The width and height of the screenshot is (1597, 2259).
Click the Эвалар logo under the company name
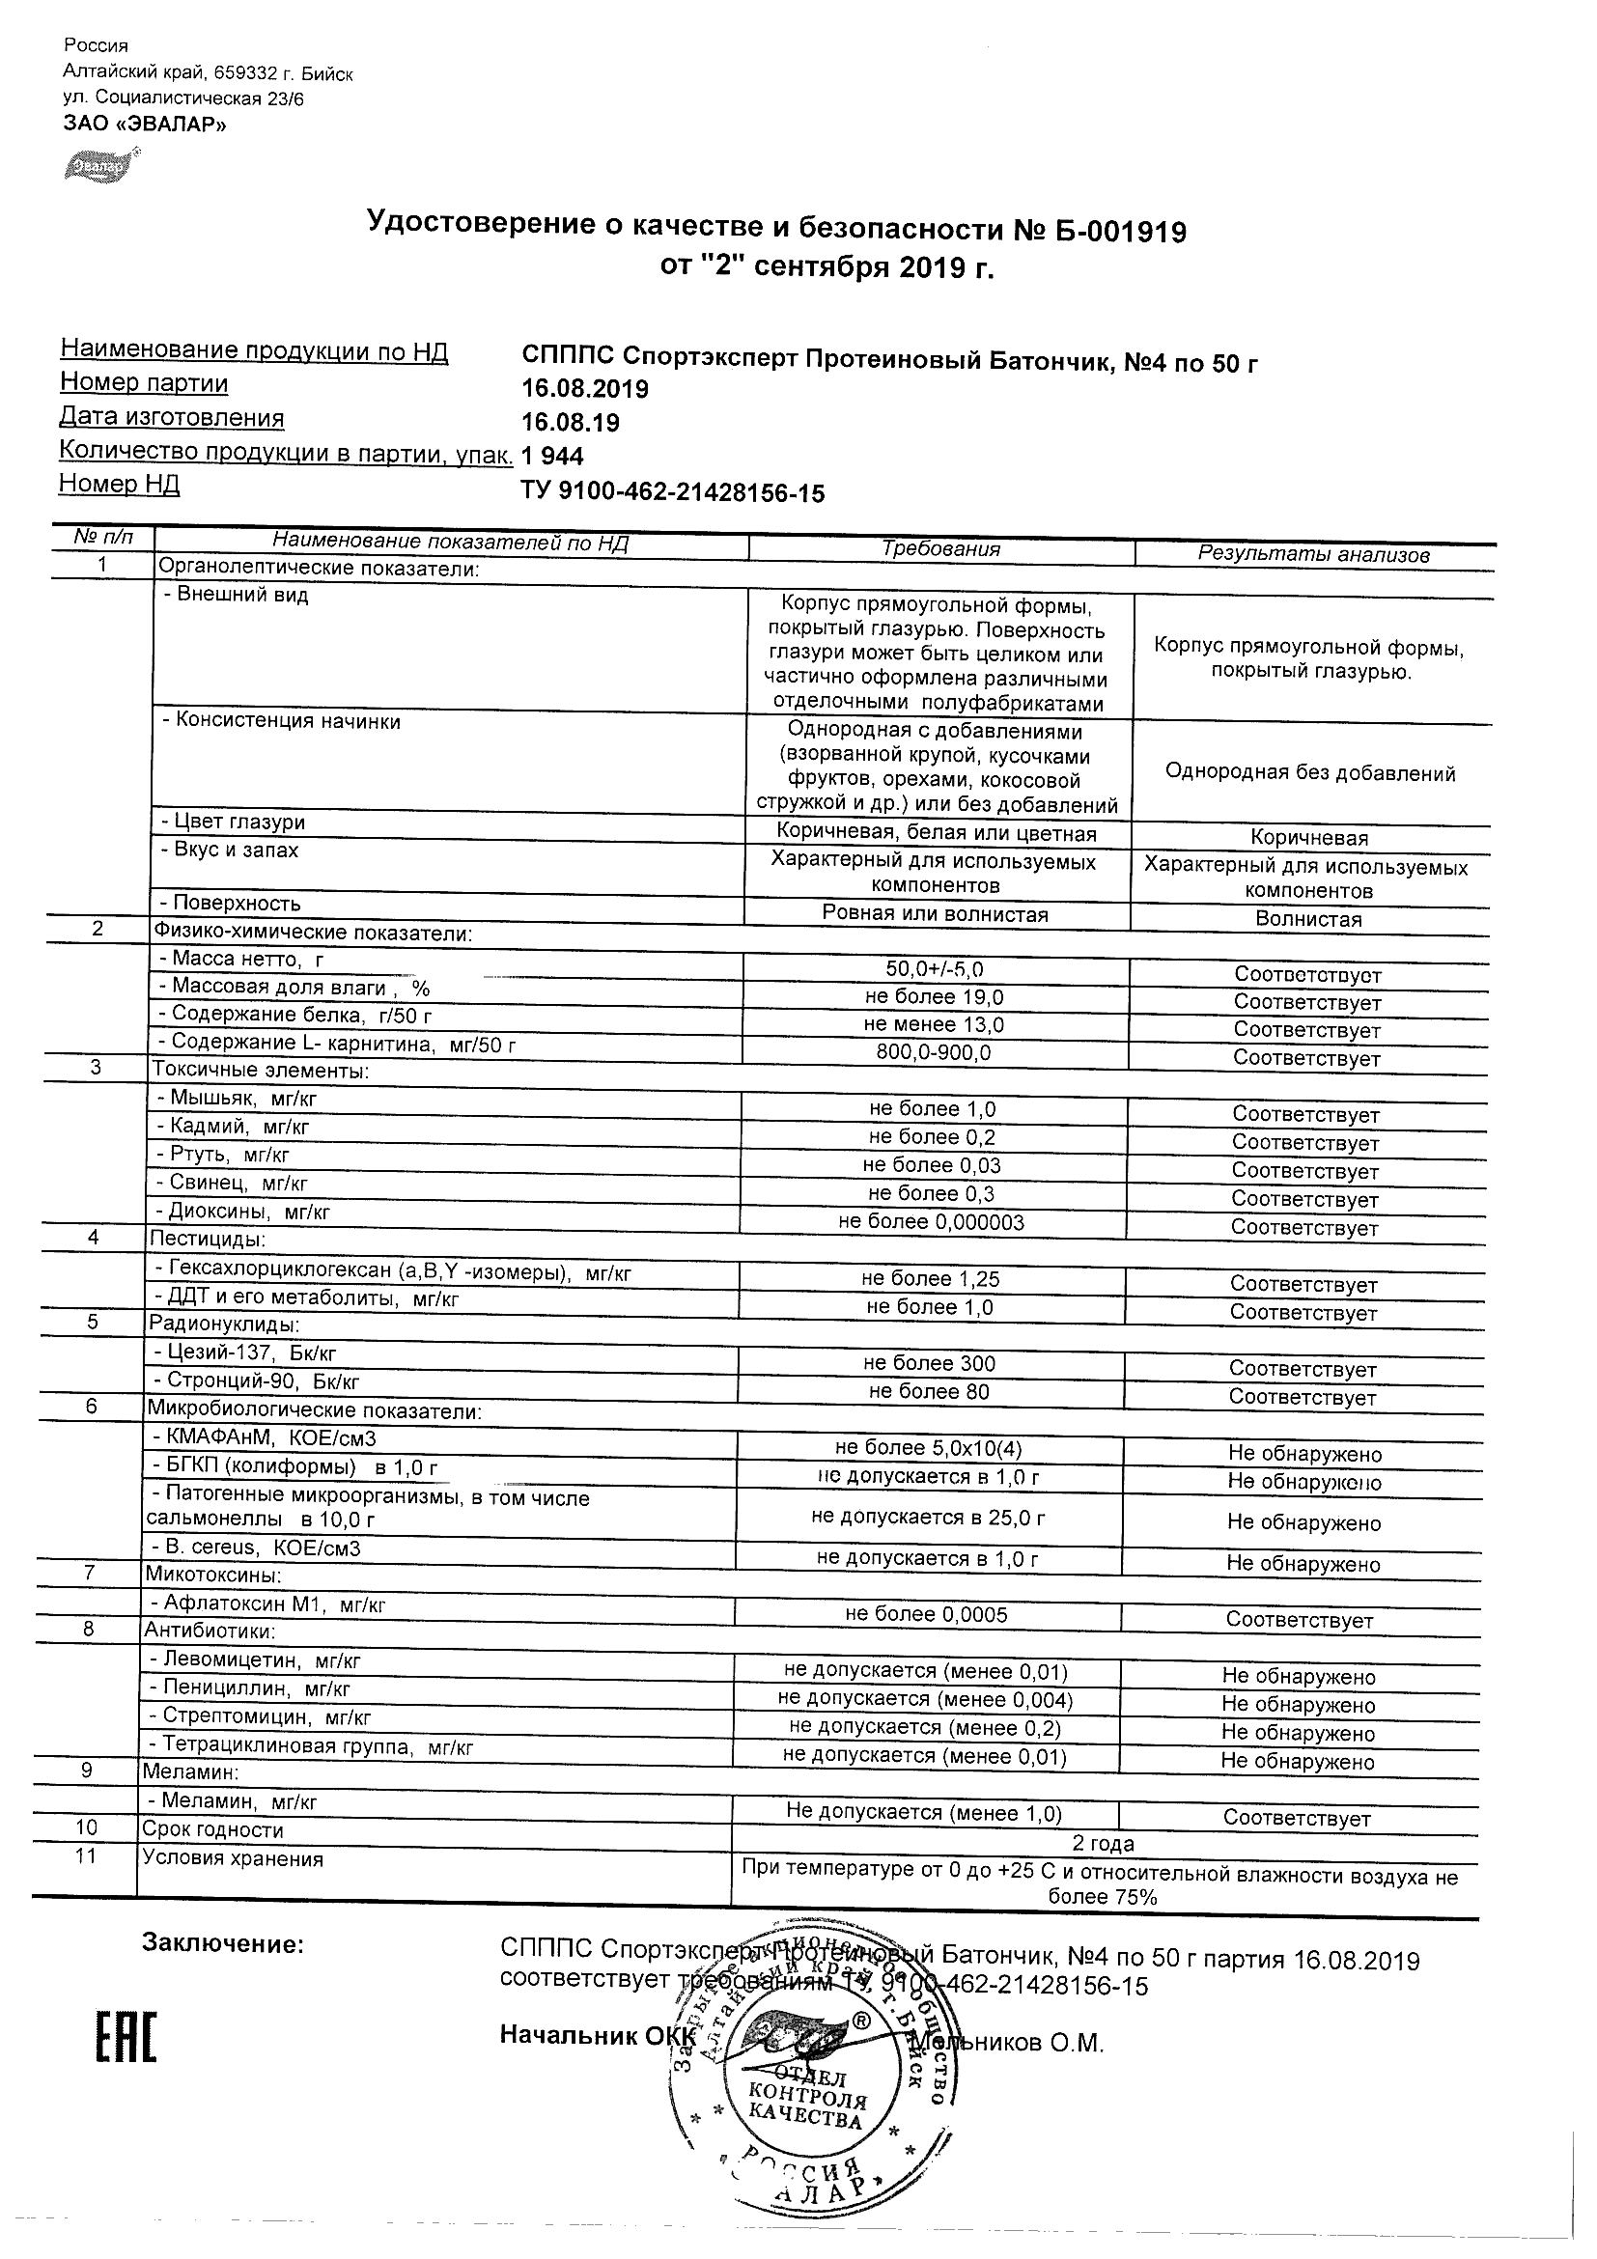coord(99,167)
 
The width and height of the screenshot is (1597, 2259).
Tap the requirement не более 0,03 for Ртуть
coord(932,1166)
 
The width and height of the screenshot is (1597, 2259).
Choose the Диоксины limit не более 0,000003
coord(931,1223)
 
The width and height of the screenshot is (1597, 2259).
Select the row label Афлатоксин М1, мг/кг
coord(266,1604)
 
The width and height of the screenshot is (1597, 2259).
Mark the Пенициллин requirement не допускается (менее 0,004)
coord(925,1699)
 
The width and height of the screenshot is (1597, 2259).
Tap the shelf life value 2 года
coord(1102,1845)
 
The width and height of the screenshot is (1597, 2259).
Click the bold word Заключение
coord(223,1944)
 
